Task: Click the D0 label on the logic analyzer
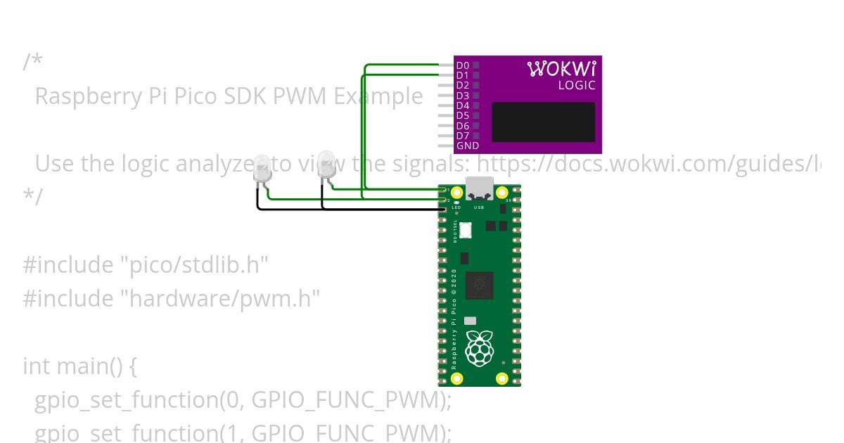point(462,65)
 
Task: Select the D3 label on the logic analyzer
point(462,96)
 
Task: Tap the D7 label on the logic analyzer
point(462,136)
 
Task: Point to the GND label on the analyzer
point(467,146)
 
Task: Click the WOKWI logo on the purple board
point(561,69)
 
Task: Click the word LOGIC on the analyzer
point(577,86)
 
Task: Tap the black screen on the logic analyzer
point(543,122)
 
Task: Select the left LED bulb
point(262,169)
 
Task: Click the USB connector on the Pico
point(479,188)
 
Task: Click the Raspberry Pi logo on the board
point(480,349)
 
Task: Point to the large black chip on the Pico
point(479,285)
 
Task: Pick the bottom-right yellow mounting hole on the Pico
point(501,379)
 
